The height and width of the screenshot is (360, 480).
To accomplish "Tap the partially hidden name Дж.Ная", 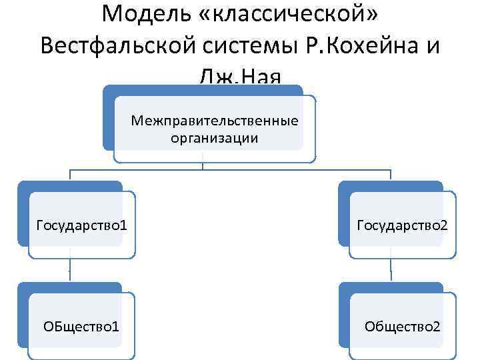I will (240, 79).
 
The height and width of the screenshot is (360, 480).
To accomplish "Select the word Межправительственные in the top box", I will (215, 121).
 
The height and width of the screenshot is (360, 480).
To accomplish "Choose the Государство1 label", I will (82, 225).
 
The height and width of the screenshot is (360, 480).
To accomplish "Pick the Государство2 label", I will (402, 225).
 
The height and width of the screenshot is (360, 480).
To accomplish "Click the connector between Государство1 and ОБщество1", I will (70, 270).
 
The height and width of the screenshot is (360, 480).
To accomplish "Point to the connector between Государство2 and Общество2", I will (391, 270).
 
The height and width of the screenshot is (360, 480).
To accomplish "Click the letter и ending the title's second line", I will (433, 47).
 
